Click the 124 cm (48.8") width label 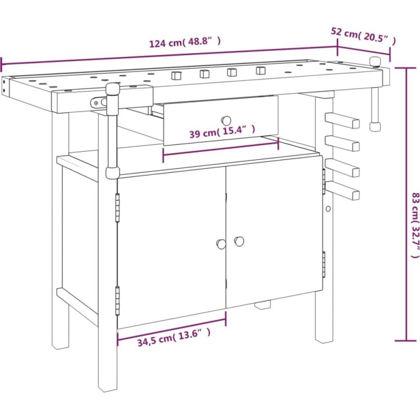(185, 42)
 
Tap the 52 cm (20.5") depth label (363, 36)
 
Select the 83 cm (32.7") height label (415, 225)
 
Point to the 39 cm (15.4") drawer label (222, 131)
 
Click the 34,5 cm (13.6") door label (174, 338)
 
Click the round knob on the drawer (226, 121)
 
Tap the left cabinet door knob (221, 244)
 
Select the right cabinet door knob (239, 241)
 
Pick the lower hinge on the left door (117, 300)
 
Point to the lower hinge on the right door (324, 265)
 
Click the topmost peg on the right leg (342, 120)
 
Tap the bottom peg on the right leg (342, 191)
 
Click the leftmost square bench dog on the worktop (176, 75)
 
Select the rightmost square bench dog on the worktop (260, 70)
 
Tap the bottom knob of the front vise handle (112, 173)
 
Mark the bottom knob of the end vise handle (374, 126)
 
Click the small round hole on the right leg (328, 208)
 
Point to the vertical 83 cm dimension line (406, 204)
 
